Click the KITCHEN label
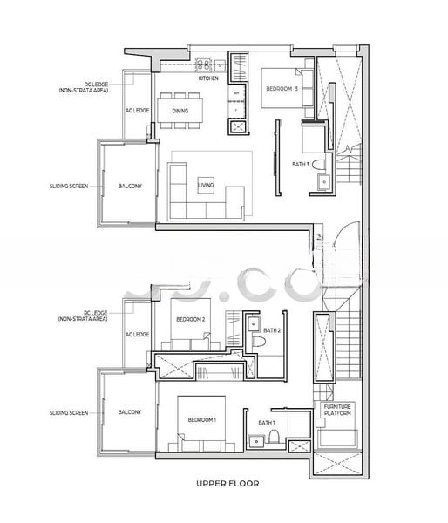tap(208, 78)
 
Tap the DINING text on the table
tap(180, 111)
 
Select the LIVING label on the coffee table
tap(206, 186)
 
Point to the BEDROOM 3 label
tap(282, 88)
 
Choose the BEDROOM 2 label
tap(190, 319)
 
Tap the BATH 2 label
tap(272, 330)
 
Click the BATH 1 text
tap(267, 423)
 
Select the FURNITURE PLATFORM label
tap(337, 411)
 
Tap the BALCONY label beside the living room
tap(131, 186)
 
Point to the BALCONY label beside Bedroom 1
tap(131, 412)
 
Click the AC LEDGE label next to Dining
tap(138, 111)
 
